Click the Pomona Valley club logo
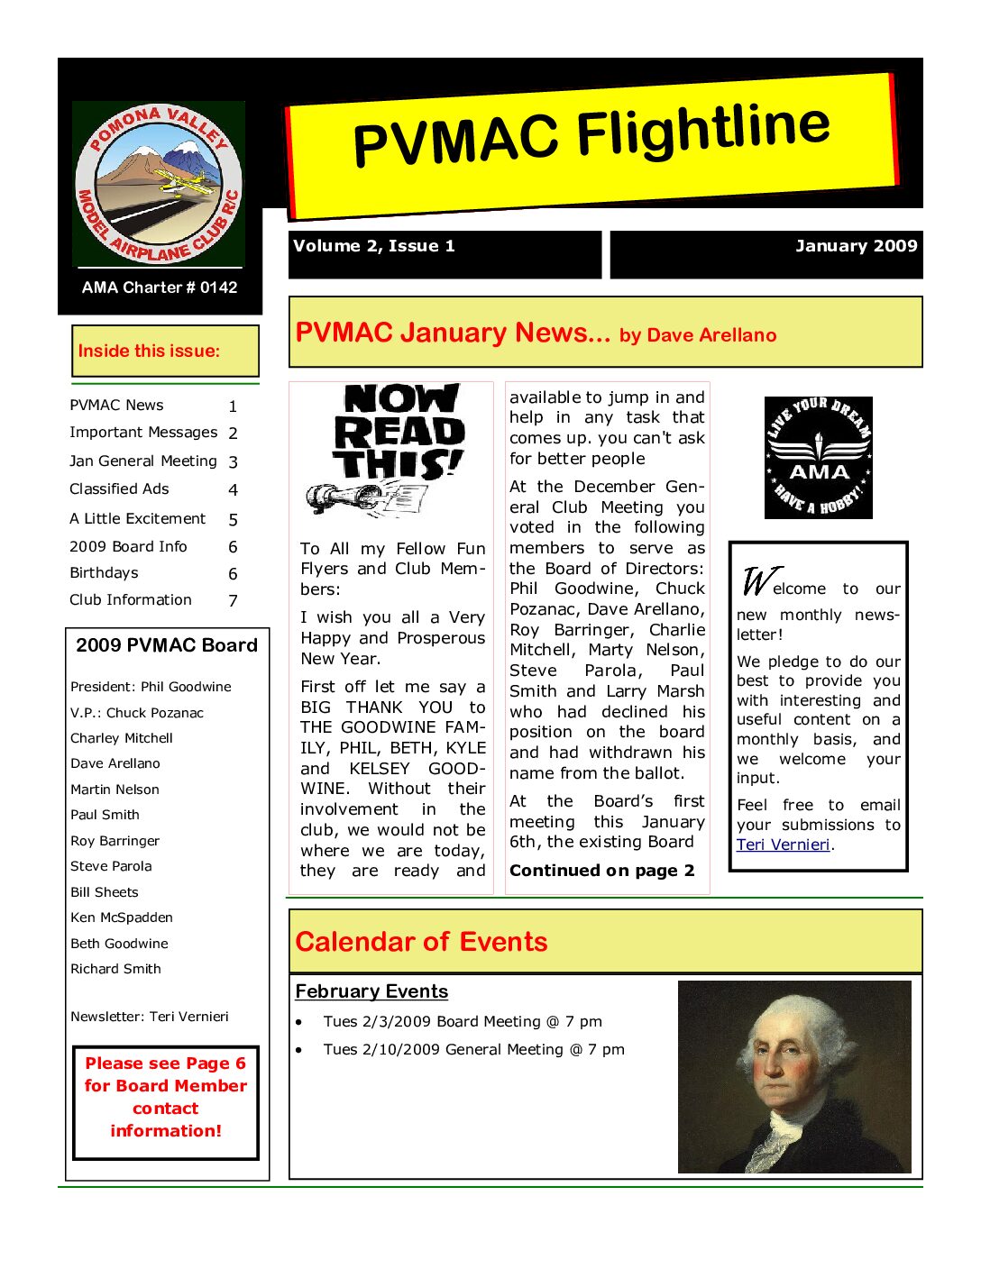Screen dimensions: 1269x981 [x=159, y=184]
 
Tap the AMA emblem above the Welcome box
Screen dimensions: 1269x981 [x=818, y=458]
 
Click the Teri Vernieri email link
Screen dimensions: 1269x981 [x=783, y=844]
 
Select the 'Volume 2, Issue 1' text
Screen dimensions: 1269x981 [x=373, y=246]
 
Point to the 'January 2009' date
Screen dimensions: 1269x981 [x=856, y=246]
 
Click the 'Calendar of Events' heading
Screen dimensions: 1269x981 [x=421, y=942]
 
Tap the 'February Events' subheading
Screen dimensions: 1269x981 [x=371, y=991]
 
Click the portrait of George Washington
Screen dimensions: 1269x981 [x=794, y=1077]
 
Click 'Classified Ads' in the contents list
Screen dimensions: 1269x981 [x=119, y=488]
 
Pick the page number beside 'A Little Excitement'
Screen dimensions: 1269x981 [x=233, y=519]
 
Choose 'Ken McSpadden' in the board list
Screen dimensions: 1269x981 [x=122, y=918]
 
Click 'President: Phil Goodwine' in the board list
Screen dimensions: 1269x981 [x=151, y=687]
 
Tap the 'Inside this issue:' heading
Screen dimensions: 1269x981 [x=149, y=351]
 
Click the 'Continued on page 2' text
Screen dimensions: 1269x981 [x=601, y=871]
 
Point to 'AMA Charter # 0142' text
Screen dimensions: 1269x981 [x=160, y=288]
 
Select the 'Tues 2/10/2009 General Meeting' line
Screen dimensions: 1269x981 [x=473, y=1049]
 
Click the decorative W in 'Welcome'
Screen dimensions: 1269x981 [x=756, y=581]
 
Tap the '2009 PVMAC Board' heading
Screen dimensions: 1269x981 [x=167, y=645]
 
